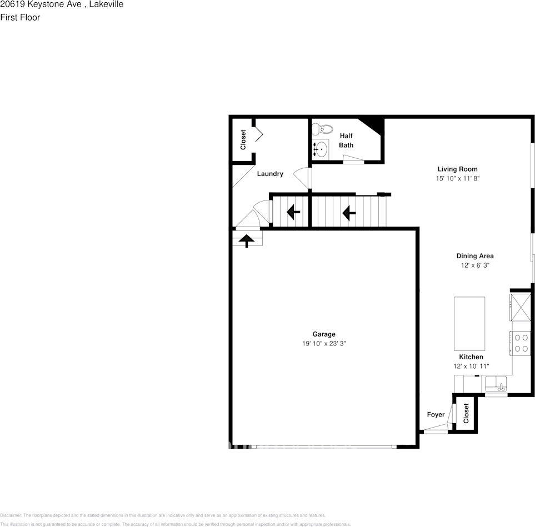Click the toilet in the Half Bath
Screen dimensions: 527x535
[318, 130]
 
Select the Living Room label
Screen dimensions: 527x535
[457, 169]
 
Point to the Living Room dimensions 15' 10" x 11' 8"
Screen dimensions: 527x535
[457, 179]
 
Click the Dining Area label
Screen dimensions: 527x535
[475, 256]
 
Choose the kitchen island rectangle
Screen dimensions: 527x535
[469, 323]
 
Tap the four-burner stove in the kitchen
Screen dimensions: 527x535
[521, 343]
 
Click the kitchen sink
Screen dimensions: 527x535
[496, 384]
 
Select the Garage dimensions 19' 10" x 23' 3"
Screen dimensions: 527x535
[324, 344]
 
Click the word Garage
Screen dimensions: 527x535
[324, 334]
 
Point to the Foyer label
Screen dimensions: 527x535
[436, 415]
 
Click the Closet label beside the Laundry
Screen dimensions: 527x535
[243, 140]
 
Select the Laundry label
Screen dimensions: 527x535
[270, 174]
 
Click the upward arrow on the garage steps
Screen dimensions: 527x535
[246, 239]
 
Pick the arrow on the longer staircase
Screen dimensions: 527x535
[349, 212]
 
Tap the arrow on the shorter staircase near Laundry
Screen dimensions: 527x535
[293, 212]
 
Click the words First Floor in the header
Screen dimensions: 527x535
[20, 17]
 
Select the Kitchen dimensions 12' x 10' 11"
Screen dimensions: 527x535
[471, 367]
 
